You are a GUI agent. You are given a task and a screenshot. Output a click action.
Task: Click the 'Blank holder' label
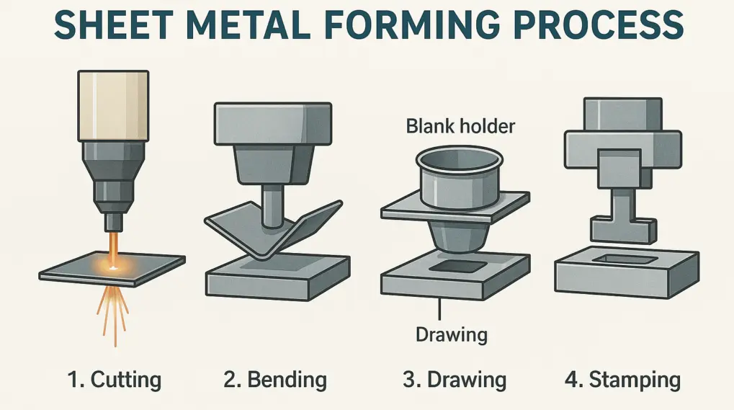(x=460, y=127)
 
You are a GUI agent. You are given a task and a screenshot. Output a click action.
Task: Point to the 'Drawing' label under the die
(x=452, y=334)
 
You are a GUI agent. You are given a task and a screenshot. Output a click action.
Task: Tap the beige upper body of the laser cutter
(x=112, y=104)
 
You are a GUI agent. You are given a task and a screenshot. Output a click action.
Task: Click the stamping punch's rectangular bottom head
(x=623, y=229)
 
